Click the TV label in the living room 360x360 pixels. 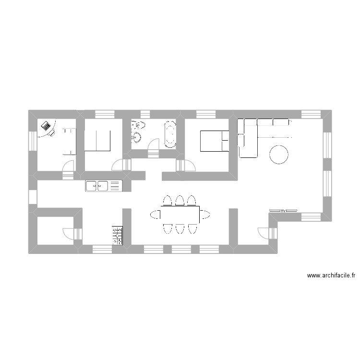click(x=283, y=211)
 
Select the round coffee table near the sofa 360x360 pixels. click(x=279, y=155)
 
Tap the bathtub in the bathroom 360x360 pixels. click(x=170, y=134)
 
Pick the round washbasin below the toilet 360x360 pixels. click(x=137, y=138)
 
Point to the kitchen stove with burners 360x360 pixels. click(x=117, y=236)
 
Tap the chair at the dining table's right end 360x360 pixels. click(x=205, y=214)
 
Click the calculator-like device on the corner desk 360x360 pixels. click(x=47, y=126)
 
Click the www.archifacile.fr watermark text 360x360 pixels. click(x=331, y=276)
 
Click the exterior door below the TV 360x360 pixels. click(x=265, y=233)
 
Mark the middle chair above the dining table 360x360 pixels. click(x=180, y=200)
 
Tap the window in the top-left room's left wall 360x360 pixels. click(x=33, y=141)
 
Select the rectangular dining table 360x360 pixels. click(x=180, y=214)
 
